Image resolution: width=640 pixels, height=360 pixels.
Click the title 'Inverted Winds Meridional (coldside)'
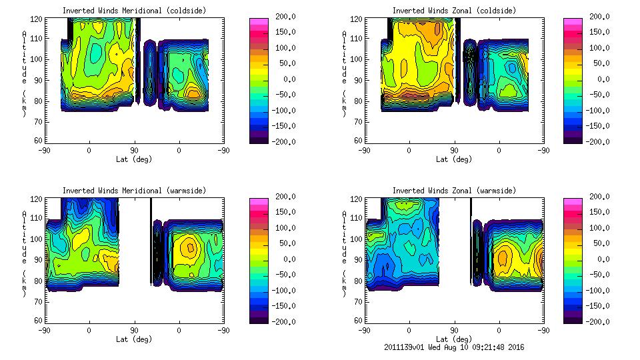(134, 11)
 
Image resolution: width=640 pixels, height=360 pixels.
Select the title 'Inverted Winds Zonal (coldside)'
(454, 11)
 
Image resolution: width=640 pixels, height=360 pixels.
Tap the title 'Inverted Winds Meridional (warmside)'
(134, 191)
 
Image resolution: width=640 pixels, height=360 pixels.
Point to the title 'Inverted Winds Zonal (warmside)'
(454, 191)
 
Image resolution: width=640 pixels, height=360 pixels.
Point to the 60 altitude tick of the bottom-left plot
(39, 321)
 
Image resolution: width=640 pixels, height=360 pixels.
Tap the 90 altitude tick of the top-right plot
(359, 80)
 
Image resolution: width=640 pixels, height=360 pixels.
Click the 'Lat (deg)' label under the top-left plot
(134, 159)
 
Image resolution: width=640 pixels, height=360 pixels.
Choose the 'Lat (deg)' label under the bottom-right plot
(454, 339)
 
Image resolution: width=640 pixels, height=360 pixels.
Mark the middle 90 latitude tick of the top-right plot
(454, 151)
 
